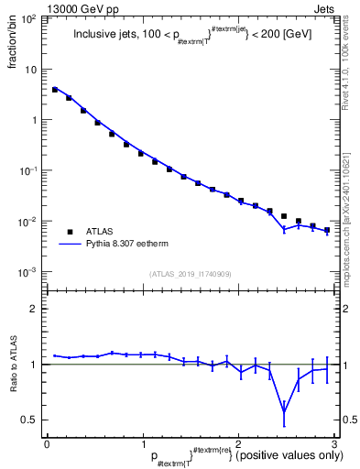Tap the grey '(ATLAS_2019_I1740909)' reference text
pyautogui.click(x=191, y=274)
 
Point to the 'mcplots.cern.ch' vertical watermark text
pyautogui.click(x=351, y=211)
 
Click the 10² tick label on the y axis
pyautogui.click(x=29, y=18)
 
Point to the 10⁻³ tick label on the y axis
pyautogui.click(x=29, y=272)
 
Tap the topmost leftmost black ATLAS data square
pyautogui.click(x=55, y=90)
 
